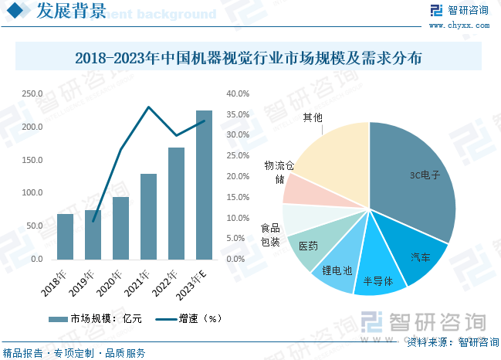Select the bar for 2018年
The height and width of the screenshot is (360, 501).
coord(65,236)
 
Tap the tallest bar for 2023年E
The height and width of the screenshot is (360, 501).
coord(204,185)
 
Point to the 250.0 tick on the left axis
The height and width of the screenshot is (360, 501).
coord(32,94)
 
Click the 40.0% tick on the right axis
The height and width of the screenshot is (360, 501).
coord(237,94)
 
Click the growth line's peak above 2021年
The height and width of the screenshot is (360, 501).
coord(148,107)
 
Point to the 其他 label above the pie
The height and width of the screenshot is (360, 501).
coord(313,117)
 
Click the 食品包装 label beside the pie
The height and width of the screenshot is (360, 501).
coord(270,236)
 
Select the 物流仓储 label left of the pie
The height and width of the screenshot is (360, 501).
coord(279,173)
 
